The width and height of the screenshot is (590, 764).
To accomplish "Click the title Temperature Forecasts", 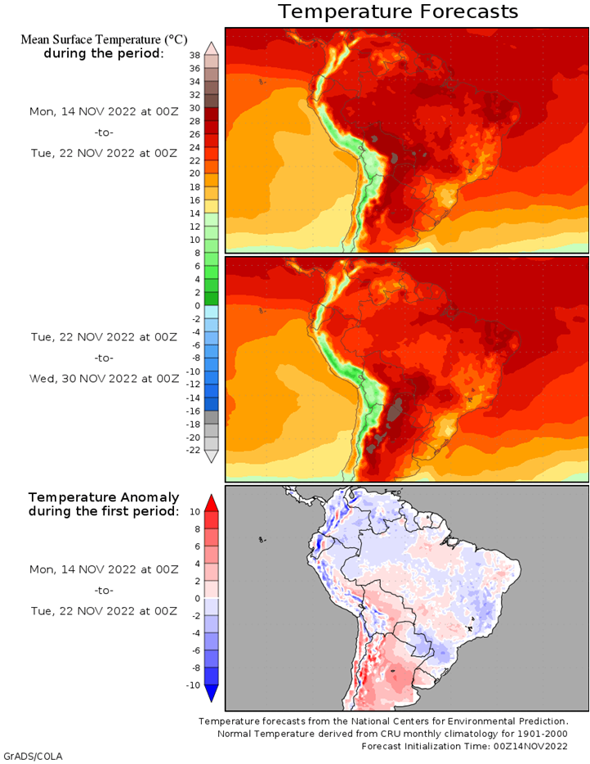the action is [x=398, y=11].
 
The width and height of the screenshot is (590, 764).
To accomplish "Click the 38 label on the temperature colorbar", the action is [x=194, y=55].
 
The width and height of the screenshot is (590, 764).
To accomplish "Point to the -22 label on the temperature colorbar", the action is [x=193, y=450].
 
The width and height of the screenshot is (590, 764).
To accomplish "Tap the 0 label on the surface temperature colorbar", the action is [x=197, y=305].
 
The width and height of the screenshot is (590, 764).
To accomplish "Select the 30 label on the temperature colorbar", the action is [x=194, y=108].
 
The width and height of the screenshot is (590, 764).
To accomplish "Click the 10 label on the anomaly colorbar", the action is [x=194, y=511].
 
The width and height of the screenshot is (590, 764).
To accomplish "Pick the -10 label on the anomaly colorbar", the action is [x=193, y=685].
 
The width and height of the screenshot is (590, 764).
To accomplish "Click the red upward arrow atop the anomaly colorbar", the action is [x=212, y=502].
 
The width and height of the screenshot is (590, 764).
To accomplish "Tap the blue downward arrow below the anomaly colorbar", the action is [x=212, y=694].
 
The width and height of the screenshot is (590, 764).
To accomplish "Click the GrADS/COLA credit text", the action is [x=34, y=756].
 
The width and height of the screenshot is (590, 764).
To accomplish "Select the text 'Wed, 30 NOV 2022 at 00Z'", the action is [x=104, y=379].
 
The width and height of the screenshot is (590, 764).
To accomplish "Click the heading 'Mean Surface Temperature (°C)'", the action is [x=104, y=39].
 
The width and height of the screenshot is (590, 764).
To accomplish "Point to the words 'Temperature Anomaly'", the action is [x=104, y=497].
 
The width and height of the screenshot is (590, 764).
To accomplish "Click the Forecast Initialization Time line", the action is [x=464, y=746].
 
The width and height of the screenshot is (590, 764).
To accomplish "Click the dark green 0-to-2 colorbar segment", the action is [x=212, y=299].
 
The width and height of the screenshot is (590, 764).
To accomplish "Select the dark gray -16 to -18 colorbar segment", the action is [x=212, y=417].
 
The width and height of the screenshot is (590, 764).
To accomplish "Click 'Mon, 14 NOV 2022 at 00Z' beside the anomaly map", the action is [x=104, y=569].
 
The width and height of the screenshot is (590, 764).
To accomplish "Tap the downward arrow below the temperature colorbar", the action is [x=212, y=456].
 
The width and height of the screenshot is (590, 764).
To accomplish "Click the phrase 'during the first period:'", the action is [x=104, y=511].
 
